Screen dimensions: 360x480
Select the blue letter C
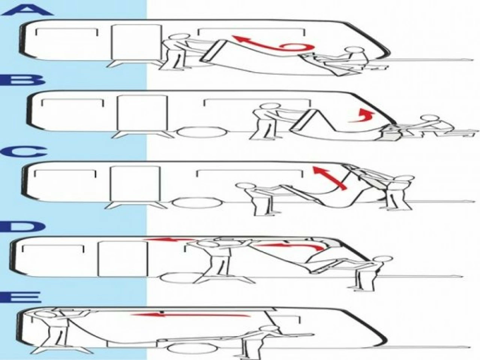tap(24, 153)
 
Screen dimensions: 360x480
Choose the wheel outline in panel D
tap(178, 278)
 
